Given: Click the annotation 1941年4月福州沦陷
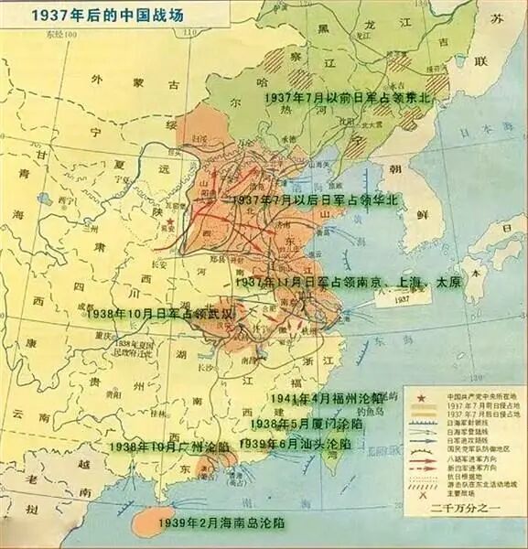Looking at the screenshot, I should click(325, 399).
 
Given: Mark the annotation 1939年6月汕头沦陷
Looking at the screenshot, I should click(294, 443).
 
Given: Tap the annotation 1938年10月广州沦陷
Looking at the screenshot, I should click(170, 447).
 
